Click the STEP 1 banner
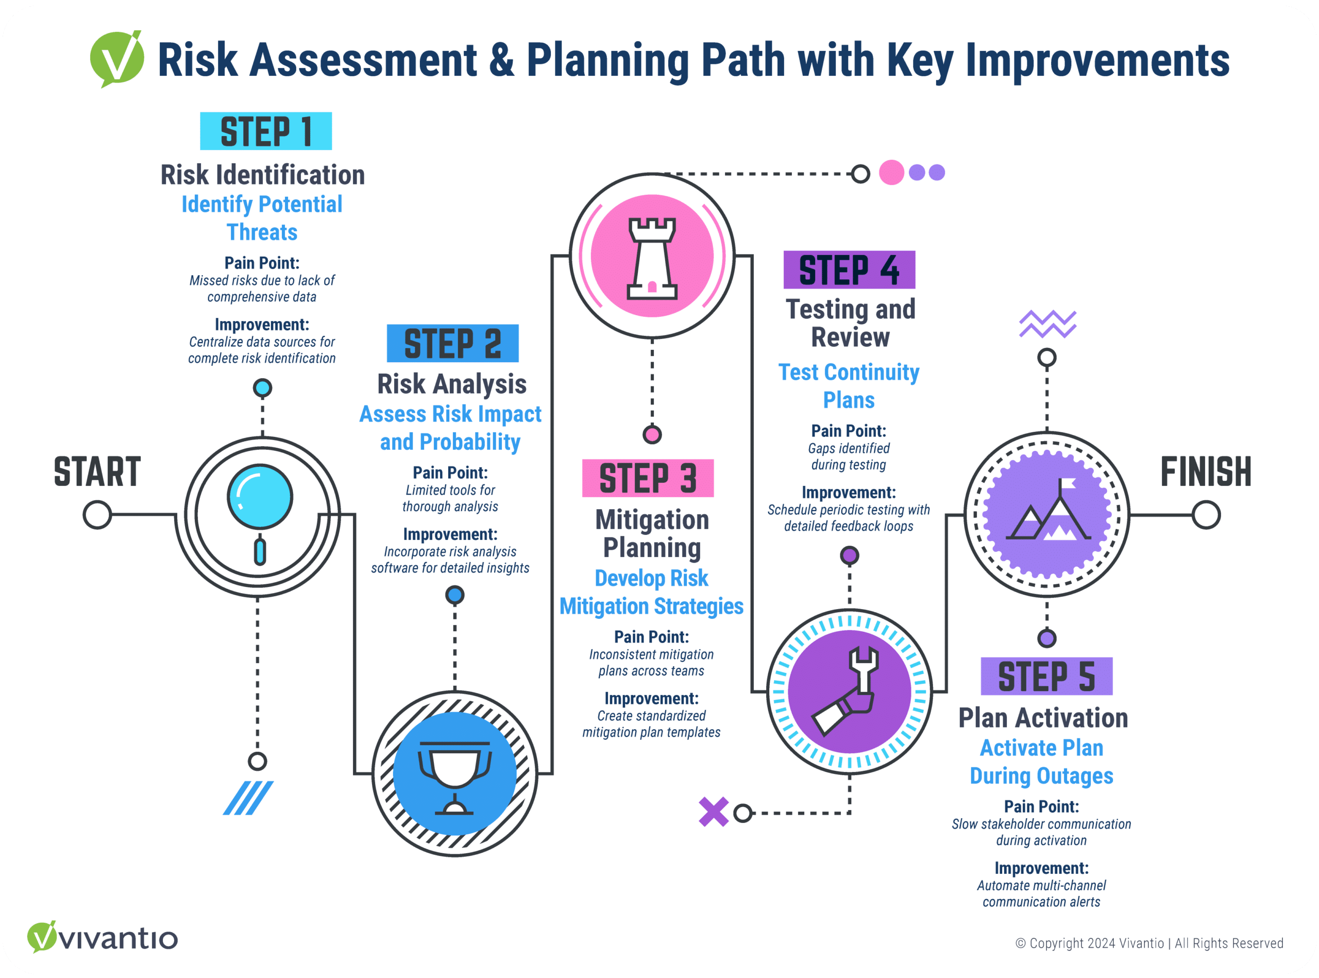click(266, 131)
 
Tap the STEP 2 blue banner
click(452, 343)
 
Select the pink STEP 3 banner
click(648, 478)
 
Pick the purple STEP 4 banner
click(849, 270)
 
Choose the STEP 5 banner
click(1046, 676)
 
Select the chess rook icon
click(652, 258)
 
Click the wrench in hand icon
click(845, 691)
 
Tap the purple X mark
click(714, 812)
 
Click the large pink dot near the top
click(891, 172)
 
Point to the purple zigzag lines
click(1047, 324)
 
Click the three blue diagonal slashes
click(248, 798)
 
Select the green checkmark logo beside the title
click(116, 59)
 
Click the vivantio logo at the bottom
click(103, 937)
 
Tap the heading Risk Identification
click(262, 175)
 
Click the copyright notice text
click(1149, 943)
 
